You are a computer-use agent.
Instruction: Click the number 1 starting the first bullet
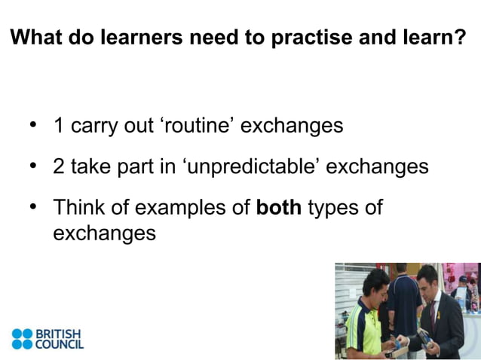point(58,125)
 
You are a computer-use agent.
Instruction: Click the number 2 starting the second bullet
point(59,166)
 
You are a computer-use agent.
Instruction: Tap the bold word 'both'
point(279,207)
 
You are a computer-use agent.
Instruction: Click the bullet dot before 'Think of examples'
point(32,206)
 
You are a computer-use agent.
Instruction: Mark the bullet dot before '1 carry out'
point(32,124)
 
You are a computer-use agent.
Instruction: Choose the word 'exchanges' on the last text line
point(104,233)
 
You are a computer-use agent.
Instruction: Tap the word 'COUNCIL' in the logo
point(60,344)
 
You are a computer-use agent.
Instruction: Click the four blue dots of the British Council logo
point(23,339)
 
